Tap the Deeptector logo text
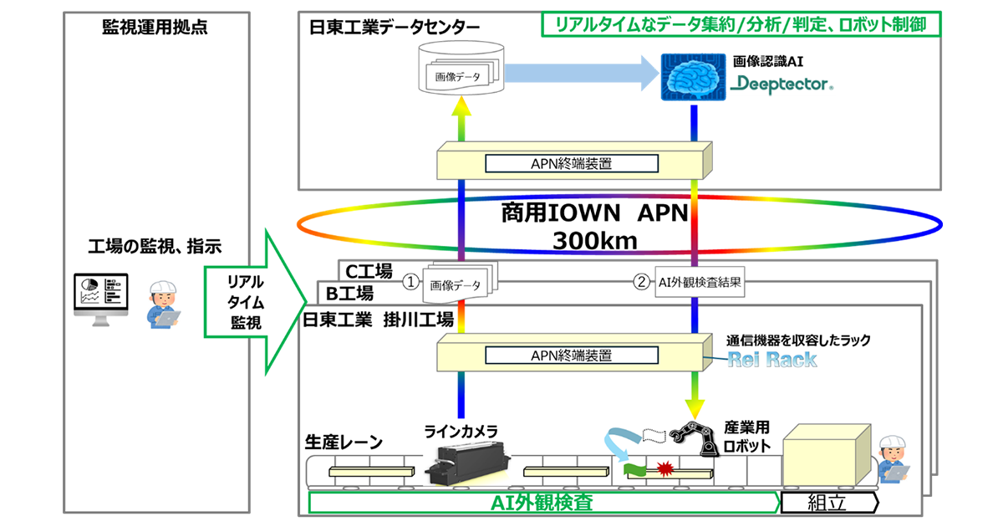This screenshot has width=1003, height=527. [781, 84]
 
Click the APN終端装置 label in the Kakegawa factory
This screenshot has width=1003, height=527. [572, 356]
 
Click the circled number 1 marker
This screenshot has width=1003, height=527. [410, 283]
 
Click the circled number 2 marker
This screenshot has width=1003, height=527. [640, 283]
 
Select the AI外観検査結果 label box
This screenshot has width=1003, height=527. [696, 283]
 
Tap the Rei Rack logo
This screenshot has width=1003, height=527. [771, 360]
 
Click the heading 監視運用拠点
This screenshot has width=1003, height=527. [155, 27]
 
